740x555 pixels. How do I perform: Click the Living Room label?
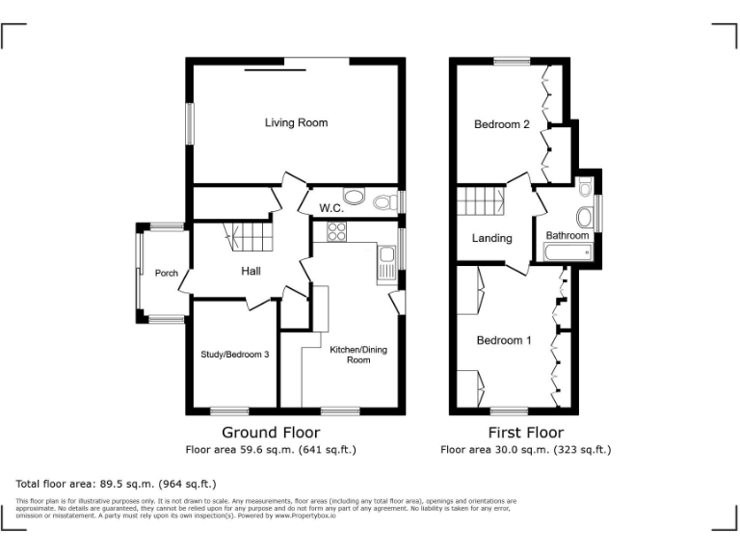(x=296, y=123)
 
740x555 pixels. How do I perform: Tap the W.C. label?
(x=331, y=208)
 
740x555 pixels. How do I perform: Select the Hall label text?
(x=251, y=272)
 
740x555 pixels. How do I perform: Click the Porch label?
(x=166, y=274)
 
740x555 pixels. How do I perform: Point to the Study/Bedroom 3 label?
(x=234, y=355)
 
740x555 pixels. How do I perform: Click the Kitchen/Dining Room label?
(x=357, y=355)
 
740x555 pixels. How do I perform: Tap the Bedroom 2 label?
(x=501, y=124)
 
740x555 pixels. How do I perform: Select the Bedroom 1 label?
(x=503, y=340)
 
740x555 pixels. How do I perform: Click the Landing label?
(x=491, y=238)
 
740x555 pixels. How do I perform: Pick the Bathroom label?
(x=568, y=236)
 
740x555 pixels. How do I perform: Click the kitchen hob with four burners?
(x=337, y=231)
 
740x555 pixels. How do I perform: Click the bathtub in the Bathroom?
(x=568, y=254)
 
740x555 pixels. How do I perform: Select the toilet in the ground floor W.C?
(x=385, y=201)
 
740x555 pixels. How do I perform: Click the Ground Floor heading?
(x=271, y=433)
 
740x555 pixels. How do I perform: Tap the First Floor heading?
(x=525, y=433)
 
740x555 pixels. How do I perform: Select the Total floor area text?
(x=117, y=484)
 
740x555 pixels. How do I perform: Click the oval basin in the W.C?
(x=355, y=198)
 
